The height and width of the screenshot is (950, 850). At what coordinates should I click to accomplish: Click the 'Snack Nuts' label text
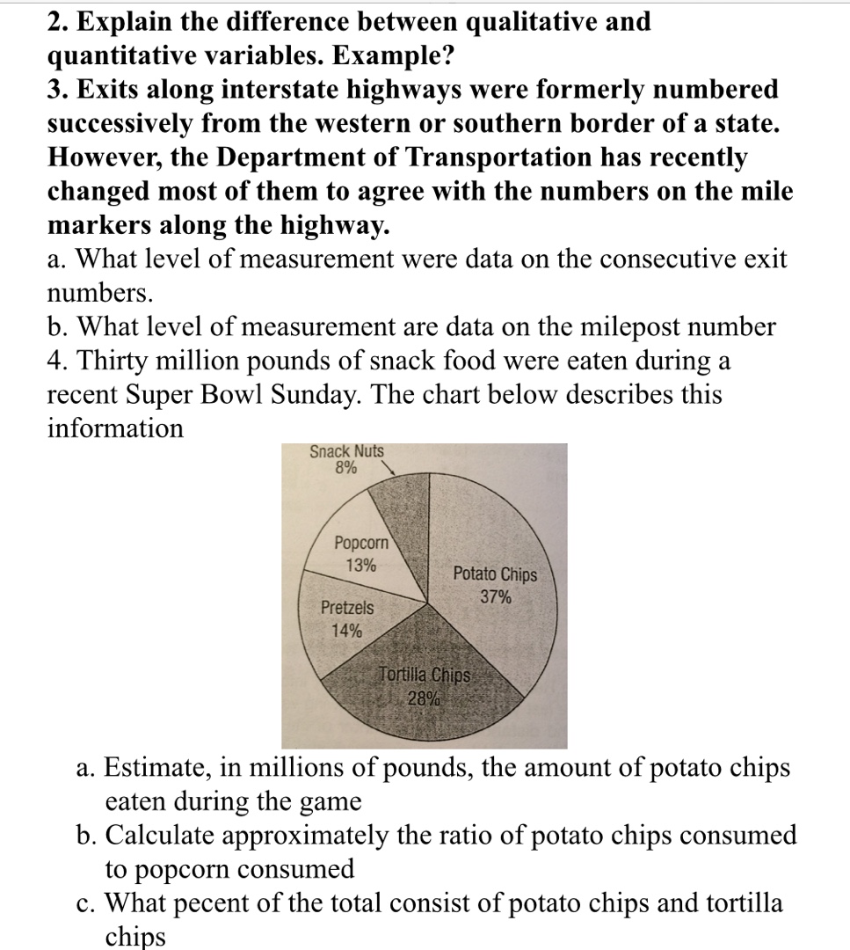pos(346,451)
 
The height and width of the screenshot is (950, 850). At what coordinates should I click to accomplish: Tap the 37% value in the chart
pos(495,597)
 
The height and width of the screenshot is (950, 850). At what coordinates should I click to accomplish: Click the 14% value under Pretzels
pos(345,630)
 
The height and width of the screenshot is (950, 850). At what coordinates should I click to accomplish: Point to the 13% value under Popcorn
pos(360,566)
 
